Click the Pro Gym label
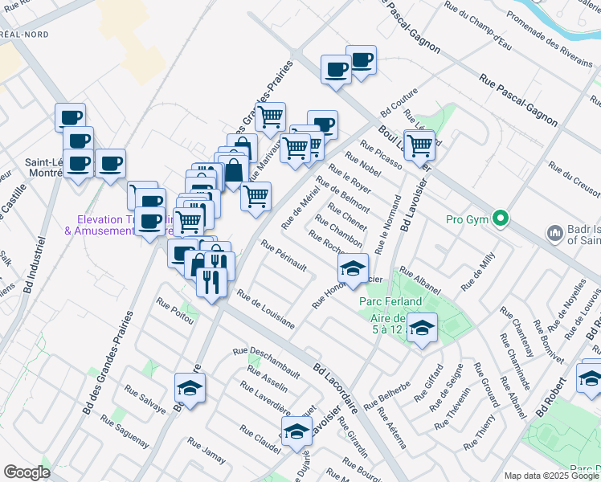click(467, 219)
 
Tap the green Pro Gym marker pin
click(501, 218)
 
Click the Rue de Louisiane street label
click(266, 310)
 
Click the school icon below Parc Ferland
click(422, 328)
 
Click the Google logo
click(27, 472)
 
